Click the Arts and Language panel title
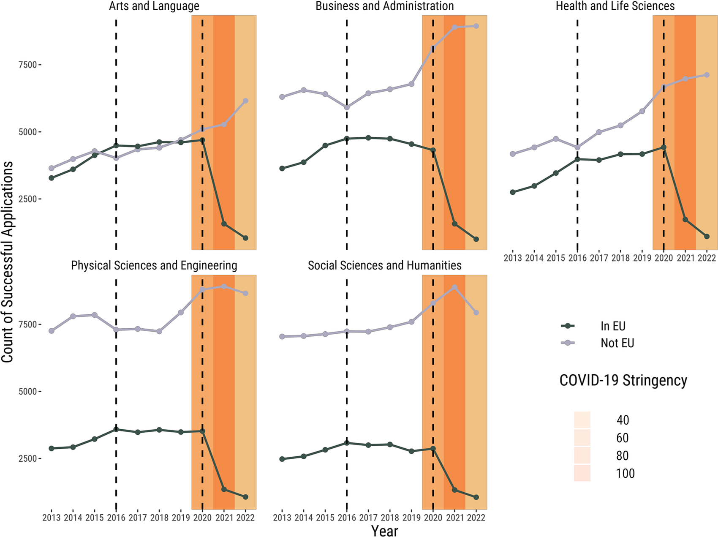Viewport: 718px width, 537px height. point(154,6)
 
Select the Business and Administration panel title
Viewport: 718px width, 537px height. point(384,6)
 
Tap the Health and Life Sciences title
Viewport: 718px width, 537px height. point(615,6)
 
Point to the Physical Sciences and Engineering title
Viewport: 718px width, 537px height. point(154,265)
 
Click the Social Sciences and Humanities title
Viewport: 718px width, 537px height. point(384,265)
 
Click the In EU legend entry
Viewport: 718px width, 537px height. point(612,326)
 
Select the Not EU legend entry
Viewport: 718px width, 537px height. point(617,343)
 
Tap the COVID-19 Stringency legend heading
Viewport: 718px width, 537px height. point(623,380)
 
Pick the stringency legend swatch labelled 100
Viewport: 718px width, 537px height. point(582,473)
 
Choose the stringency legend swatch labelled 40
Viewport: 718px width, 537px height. point(582,420)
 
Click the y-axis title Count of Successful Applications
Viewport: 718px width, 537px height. point(7,262)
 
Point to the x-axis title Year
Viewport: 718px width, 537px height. point(384,531)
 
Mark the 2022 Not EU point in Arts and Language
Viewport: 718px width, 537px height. point(245,101)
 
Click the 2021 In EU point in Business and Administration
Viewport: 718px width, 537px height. point(454,224)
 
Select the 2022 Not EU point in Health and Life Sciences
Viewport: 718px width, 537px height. point(707,75)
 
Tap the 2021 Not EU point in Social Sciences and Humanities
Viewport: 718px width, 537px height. point(454,287)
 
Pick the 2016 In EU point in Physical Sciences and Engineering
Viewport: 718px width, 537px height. point(116,429)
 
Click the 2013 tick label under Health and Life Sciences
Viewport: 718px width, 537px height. point(513,258)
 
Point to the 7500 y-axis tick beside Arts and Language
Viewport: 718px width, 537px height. point(27,65)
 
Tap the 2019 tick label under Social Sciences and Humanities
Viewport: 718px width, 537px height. point(411,517)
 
